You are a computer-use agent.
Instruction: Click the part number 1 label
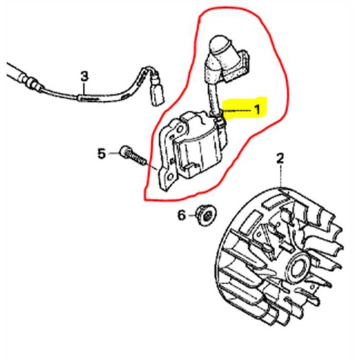[x=257, y=110]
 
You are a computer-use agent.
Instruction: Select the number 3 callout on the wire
[x=84, y=75]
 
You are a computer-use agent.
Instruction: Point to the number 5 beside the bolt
[x=101, y=153]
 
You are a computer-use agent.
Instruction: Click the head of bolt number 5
[x=124, y=151]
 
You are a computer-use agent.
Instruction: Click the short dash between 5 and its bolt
[x=113, y=152]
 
